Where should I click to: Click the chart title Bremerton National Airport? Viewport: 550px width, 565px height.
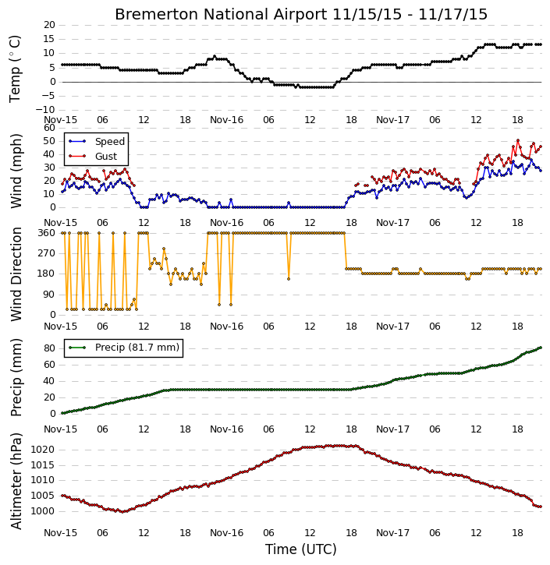click(x=221, y=14)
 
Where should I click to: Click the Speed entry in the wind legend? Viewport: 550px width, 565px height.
click(x=110, y=142)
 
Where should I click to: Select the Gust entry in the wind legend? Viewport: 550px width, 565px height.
click(x=106, y=157)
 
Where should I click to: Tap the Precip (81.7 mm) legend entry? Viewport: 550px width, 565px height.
click(x=137, y=348)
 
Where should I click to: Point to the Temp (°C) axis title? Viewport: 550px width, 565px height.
click(x=15, y=69)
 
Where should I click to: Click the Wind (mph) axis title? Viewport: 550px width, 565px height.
click(x=16, y=171)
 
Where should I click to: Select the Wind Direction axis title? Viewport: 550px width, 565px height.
click(x=16, y=274)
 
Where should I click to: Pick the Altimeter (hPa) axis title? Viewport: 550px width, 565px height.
click(x=16, y=481)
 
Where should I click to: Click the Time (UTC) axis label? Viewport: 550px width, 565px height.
click(x=301, y=549)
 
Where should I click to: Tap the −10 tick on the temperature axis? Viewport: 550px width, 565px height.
click(x=45, y=110)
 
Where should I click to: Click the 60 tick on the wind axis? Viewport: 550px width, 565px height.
click(x=49, y=128)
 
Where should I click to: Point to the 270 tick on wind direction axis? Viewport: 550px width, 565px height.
click(x=47, y=253)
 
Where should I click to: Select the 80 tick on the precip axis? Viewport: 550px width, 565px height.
click(x=49, y=348)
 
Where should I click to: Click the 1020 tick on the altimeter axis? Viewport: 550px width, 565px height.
click(x=43, y=450)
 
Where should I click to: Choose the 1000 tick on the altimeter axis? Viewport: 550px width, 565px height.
click(x=43, y=511)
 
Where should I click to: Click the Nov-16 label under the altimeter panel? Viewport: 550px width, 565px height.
click(x=226, y=533)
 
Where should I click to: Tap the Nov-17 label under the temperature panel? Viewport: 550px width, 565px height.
click(x=392, y=120)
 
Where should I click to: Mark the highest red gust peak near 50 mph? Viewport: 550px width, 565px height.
click(x=518, y=140)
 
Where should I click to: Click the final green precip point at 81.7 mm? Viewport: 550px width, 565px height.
click(x=541, y=348)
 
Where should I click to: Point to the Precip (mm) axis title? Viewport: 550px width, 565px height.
click(x=16, y=378)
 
